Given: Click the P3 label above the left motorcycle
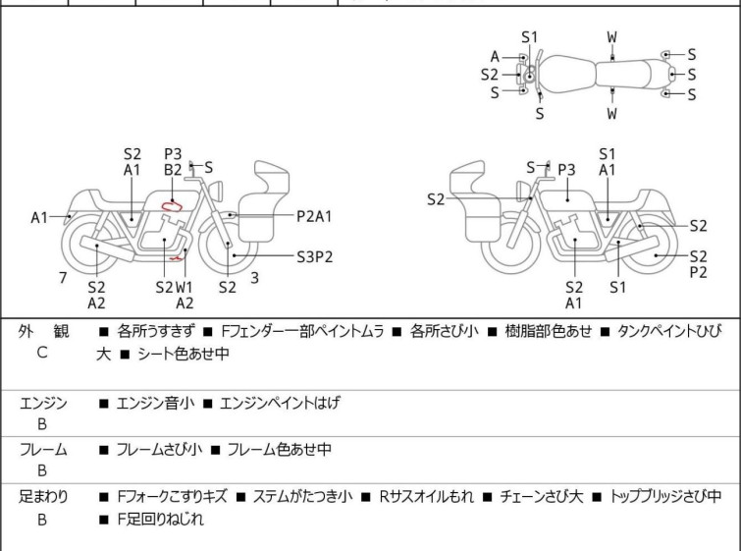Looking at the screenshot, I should [173, 153].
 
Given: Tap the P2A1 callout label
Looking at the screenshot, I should [314, 216].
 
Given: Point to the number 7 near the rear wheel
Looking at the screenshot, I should [63, 278].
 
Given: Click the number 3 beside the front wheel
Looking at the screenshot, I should [254, 278].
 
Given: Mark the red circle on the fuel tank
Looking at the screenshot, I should [173, 205].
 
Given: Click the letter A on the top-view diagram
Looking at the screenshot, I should [495, 56].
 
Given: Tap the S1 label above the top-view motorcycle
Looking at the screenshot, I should [530, 37].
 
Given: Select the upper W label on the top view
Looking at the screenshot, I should [611, 37].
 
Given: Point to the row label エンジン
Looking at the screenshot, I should [43, 403].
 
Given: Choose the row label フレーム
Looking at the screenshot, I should [43, 450].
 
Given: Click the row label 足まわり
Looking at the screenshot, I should [43, 497].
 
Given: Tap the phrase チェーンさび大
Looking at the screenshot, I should [546, 497].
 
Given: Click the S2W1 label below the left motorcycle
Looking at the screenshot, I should [176, 287].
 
